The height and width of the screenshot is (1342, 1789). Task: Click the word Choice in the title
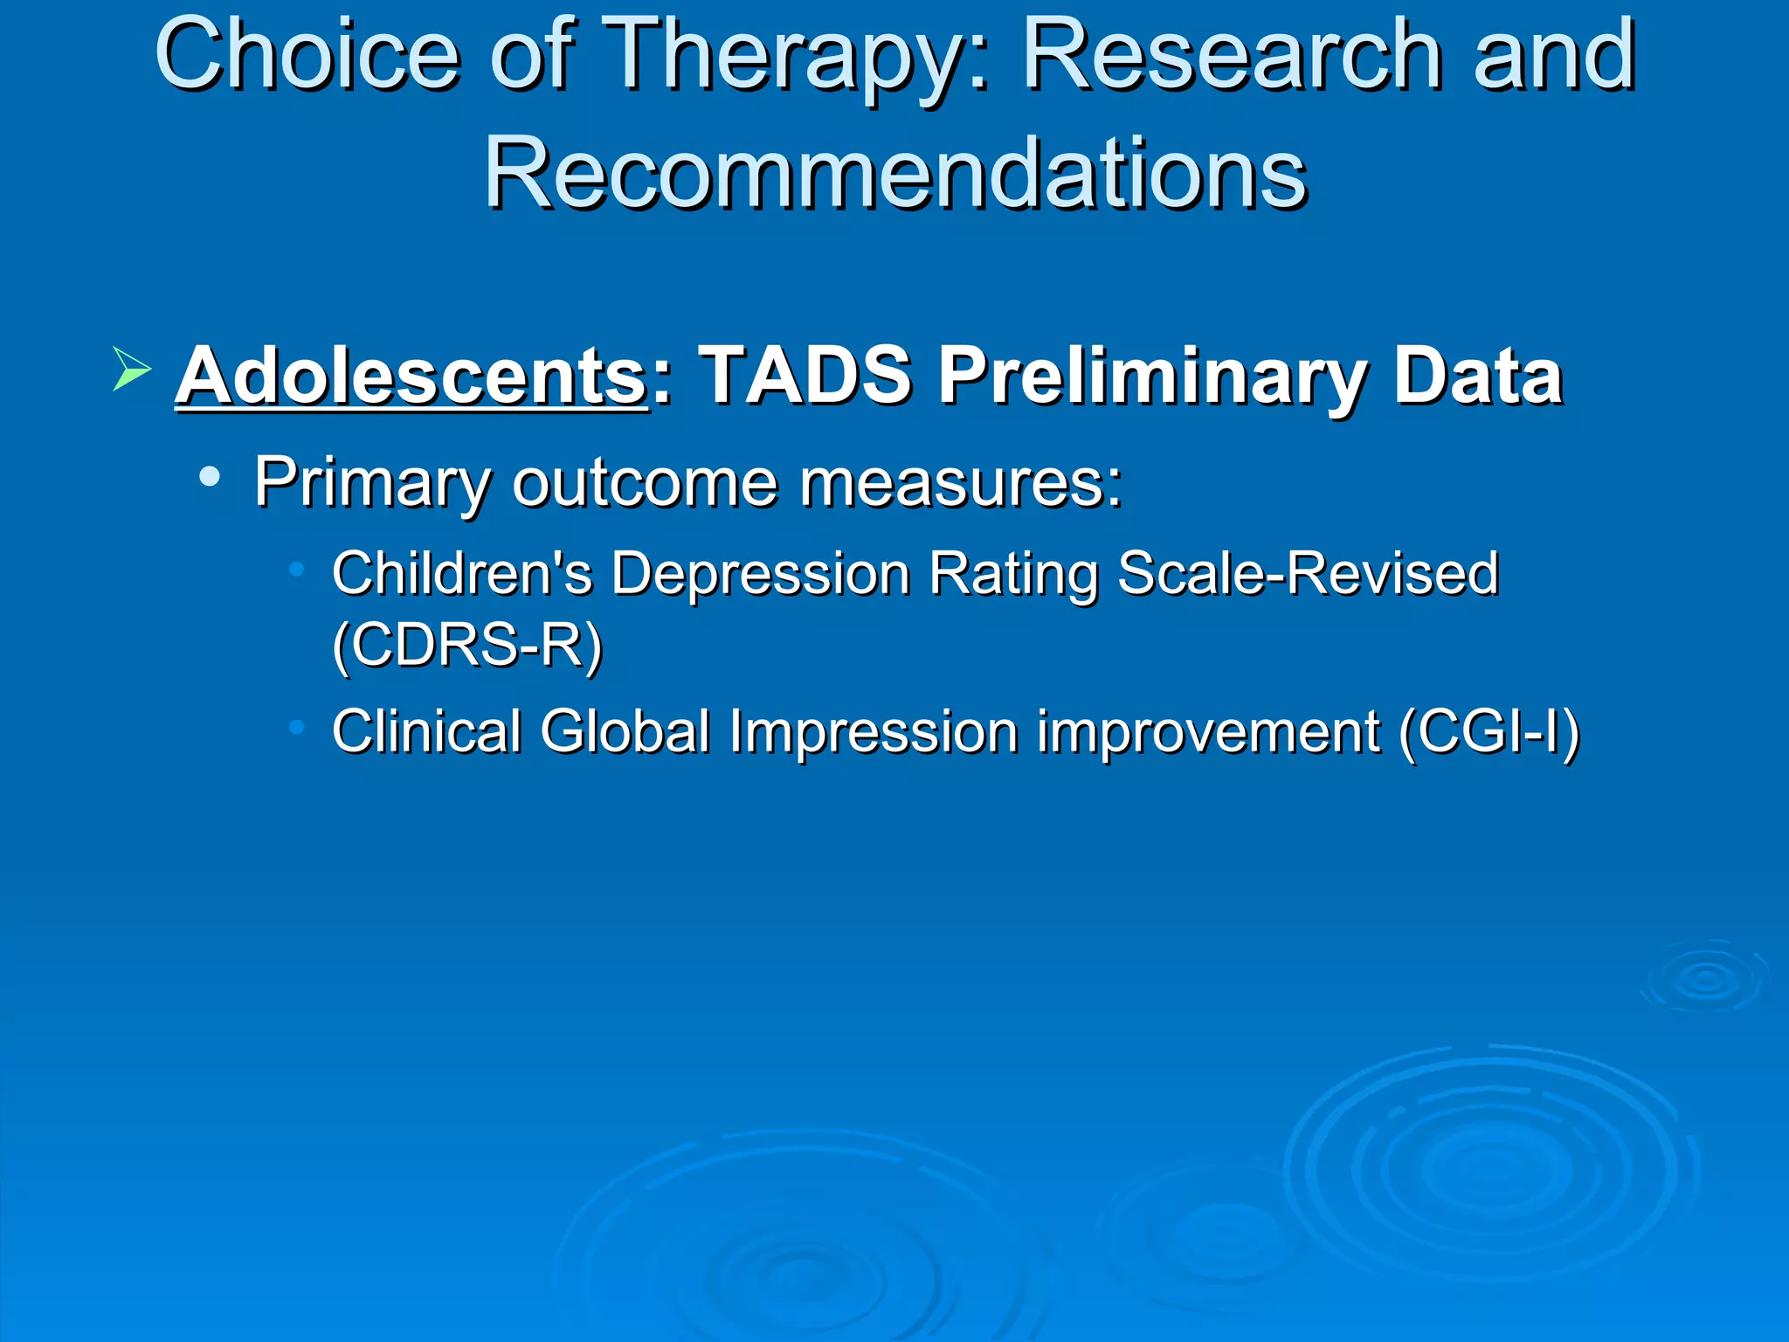coord(306,57)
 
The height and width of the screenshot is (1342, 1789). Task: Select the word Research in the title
coord(1231,57)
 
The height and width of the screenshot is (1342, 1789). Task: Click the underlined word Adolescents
coord(411,376)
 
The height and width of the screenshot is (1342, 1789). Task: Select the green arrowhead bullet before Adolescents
coord(131,369)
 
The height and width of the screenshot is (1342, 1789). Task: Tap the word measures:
coord(961,483)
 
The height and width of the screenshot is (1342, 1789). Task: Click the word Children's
coord(462,574)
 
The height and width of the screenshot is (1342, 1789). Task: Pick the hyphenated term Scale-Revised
coord(1308,574)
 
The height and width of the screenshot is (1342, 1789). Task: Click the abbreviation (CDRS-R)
coord(467,646)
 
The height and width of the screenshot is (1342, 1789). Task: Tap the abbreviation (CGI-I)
coord(1489,731)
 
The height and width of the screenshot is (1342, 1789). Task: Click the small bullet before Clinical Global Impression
coord(297,726)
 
